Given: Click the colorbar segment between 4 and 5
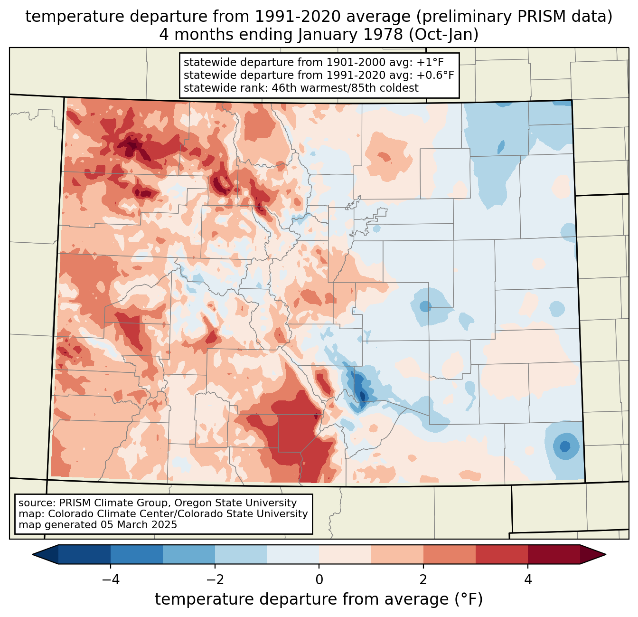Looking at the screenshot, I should coord(554,554).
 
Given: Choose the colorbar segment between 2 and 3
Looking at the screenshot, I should coord(449,554).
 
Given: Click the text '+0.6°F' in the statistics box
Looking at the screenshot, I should coord(436,75).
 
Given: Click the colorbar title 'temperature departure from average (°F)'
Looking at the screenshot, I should coord(319,599).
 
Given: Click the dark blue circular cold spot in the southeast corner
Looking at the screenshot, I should coord(565,446).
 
